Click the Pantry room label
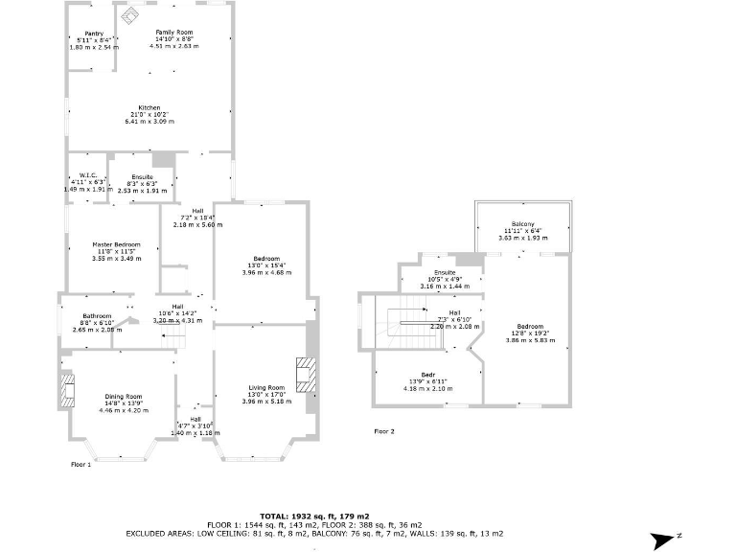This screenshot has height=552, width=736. point(93,34)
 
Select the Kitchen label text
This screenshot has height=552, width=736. point(149,107)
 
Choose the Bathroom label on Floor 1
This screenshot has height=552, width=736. point(97,316)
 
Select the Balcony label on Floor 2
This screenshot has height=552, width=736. point(522,224)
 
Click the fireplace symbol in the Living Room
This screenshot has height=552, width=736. point(305,374)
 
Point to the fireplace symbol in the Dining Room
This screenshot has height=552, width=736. point(68,391)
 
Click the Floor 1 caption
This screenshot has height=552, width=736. point(80,464)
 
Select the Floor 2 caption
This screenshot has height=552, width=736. point(383,431)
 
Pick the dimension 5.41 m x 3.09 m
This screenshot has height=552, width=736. point(149,122)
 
